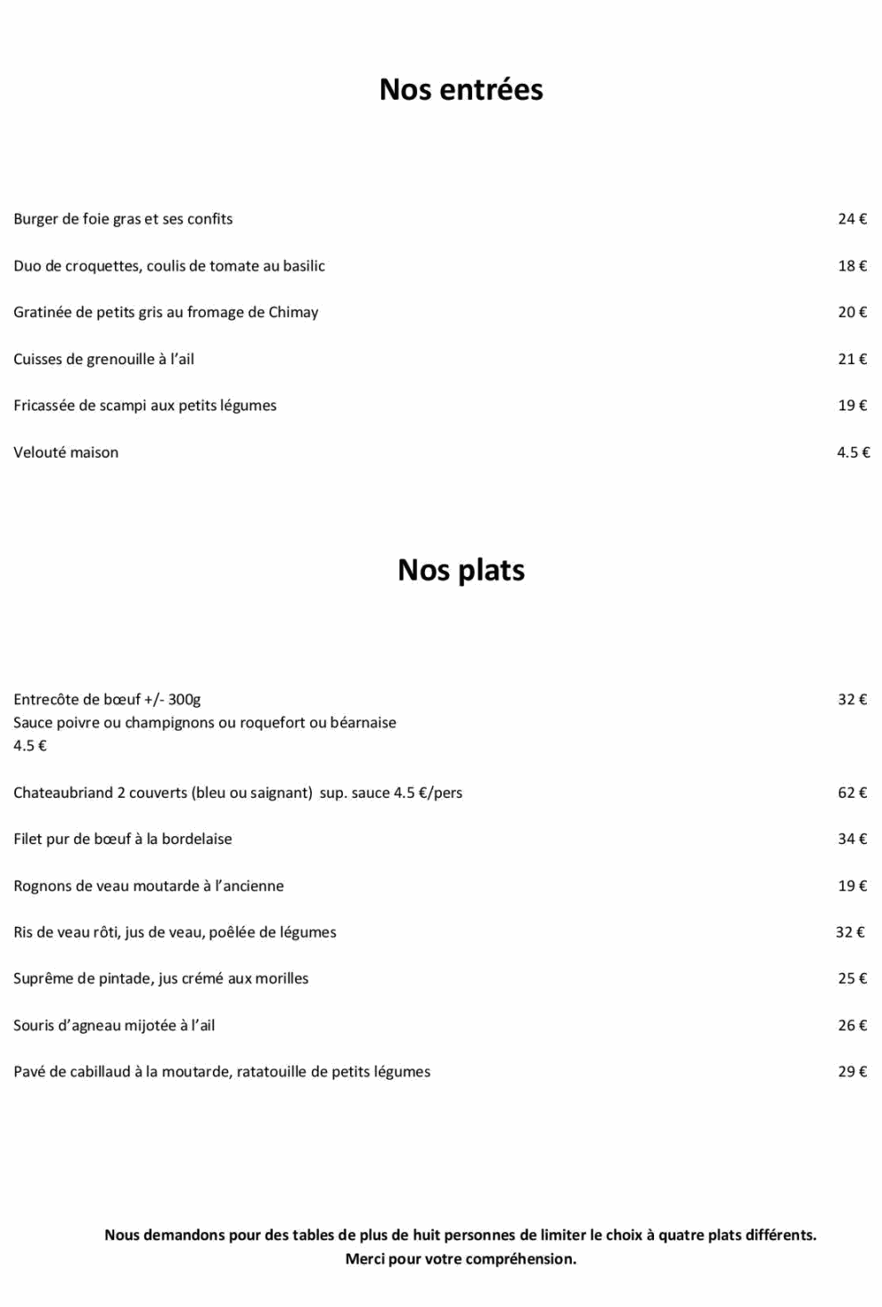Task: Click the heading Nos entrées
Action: pyautogui.click(x=461, y=90)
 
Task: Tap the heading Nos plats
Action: pyautogui.click(x=461, y=570)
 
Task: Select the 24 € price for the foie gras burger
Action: pyautogui.click(x=852, y=219)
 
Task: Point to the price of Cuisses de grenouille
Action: pyautogui.click(x=852, y=360)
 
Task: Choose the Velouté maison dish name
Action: pyautogui.click(x=66, y=452)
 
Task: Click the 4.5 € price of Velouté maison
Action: pyautogui.click(x=853, y=452)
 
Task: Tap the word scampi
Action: pyautogui.click(x=123, y=406)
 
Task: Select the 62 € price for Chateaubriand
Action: pyautogui.click(x=852, y=792)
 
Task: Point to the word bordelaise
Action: pyautogui.click(x=197, y=839)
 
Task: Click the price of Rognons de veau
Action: pyautogui.click(x=852, y=886)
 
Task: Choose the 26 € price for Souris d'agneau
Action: pyautogui.click(x=852, y=1026)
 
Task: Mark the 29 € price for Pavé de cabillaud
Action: pyautogui.click(x=852, y=1072)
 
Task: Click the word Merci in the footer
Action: pyautogui.click(x=364, y=1259)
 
